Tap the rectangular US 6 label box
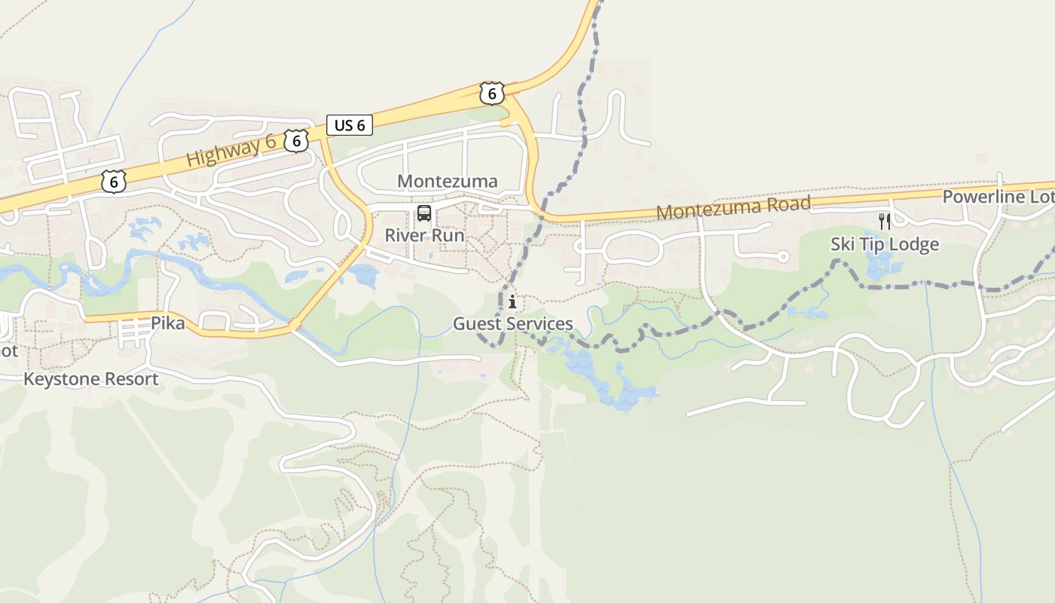(350, 125)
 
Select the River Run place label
(424, 234)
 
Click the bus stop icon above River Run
(424, 213)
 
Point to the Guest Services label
(512, 324)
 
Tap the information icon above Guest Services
(512, 302)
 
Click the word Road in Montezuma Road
(785, 204)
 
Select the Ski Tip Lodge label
(885, 244)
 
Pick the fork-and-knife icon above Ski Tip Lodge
(885, 222)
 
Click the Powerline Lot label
(997, 197)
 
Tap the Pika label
(167, 323)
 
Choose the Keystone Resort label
(91, 378)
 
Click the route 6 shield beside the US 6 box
(297, 140)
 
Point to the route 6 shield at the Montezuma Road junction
(491, 93)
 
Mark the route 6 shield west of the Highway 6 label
(113, 181)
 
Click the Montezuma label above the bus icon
(447, 181)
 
